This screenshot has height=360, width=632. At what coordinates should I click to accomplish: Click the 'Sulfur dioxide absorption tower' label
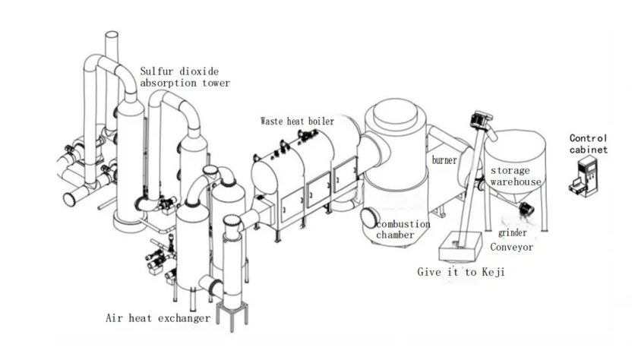click(185, 77)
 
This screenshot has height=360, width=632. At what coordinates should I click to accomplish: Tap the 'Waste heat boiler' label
click(298, 121)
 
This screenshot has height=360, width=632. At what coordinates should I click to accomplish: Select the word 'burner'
click(444, 160)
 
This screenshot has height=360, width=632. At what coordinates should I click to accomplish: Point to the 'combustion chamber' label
click(403, 229)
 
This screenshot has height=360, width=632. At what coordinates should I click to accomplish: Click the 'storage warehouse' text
click(516, 176)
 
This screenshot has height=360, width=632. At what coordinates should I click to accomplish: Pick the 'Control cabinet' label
click(589, 144)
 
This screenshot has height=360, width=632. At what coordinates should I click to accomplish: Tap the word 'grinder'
click(512, 233)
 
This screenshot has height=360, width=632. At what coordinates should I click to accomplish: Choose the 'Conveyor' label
click(511, 247)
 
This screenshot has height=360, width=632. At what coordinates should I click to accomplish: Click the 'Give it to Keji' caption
click(460, 272)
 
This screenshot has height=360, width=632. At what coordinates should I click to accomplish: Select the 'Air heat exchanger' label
click(157, 318)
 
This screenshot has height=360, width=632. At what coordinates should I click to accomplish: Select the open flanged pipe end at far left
click(70, 199)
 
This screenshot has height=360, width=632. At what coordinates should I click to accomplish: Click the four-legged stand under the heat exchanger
click(232, 317)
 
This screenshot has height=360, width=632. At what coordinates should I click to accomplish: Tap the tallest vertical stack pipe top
click(112, 35)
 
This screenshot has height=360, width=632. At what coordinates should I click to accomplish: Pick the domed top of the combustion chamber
click(395, 113)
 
